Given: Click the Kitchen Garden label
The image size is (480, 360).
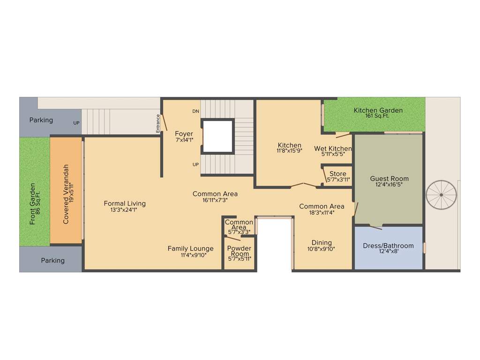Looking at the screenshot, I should pos(378,111).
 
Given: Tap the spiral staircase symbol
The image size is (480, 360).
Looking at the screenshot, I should pos(441,195).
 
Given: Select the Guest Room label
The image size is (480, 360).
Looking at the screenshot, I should pos(389,179).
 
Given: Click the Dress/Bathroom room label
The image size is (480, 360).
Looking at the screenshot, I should pos(388,246).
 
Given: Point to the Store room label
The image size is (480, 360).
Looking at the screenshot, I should pos(337,174).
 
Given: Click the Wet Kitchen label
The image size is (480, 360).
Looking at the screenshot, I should pos(333,149).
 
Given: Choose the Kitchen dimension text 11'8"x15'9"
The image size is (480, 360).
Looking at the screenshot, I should pos(289,151).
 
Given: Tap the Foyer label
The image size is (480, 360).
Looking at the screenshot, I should pos(184,134).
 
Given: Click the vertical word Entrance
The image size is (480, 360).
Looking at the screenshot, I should pos(158,123).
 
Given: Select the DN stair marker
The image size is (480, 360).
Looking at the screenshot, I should pos(195,112).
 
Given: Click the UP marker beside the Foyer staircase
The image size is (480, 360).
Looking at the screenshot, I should pos(195,165).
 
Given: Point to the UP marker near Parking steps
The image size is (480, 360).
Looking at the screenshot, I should pos(76,123).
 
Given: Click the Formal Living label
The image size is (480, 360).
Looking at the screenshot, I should pos(125,203).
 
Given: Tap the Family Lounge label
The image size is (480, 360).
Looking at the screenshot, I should pos(190,248).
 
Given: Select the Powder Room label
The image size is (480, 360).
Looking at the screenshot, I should pos(239,251).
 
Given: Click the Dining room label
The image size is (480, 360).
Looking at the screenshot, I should pos(321,243).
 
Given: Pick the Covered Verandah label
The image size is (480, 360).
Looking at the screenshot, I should pos(66,194).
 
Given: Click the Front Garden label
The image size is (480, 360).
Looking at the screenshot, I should pos(32,203).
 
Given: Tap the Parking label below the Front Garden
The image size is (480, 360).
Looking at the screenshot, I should pos(52,260).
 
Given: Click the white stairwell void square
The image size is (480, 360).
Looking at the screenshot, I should pos(217,136).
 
